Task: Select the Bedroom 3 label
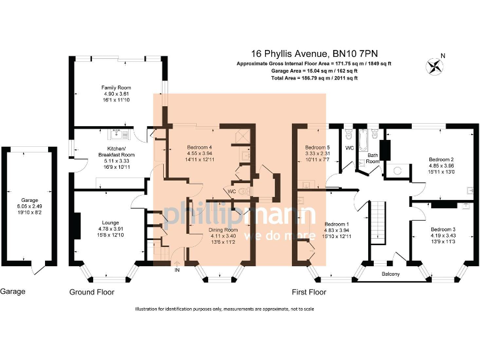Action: [443, 229]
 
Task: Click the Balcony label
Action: [391, 274]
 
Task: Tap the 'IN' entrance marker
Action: [177, 270]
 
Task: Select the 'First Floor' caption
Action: [310, 291]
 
